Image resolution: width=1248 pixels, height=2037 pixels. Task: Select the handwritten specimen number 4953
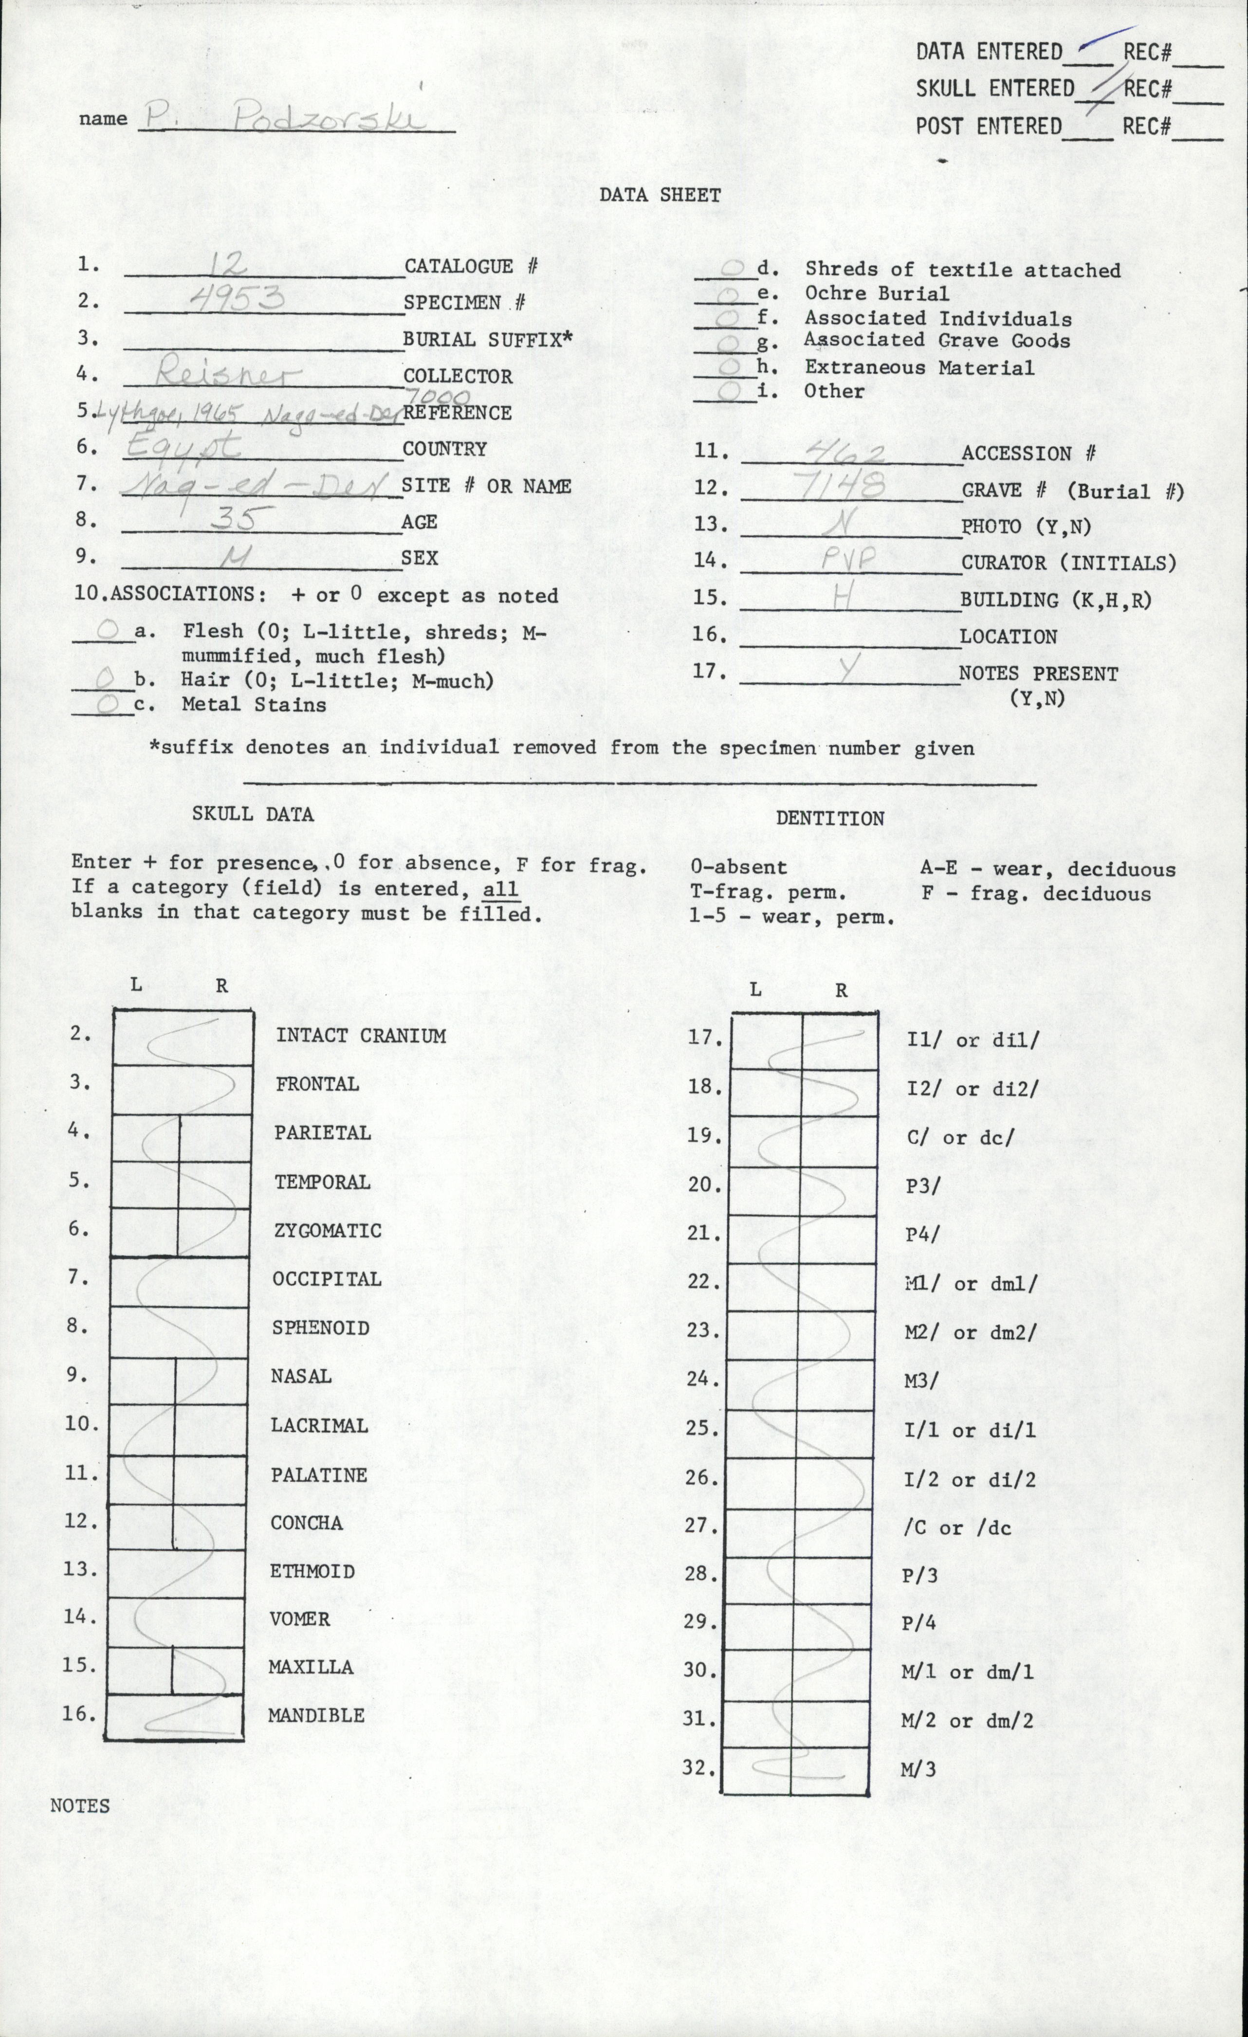click(238, 297)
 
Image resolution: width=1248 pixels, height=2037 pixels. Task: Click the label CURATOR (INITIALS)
click(1068, 563)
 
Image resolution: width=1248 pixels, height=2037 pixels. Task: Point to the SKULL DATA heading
click(253, 814)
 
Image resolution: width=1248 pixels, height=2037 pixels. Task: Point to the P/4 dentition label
click(918, 1622)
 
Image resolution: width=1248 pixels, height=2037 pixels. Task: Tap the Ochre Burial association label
click(877, 293)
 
